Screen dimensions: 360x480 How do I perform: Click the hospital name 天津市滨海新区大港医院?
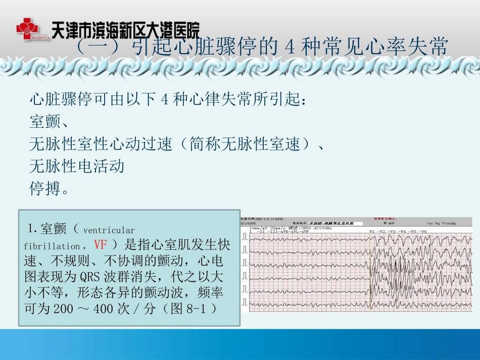pos(125,29)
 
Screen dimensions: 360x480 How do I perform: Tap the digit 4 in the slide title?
pos(290,48)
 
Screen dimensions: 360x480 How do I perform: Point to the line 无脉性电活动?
pos(77,166)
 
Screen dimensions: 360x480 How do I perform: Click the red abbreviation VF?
pos(100,245)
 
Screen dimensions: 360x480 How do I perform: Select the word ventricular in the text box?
pos(109,231)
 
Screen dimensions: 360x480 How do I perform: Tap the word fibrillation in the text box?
pos(52,247)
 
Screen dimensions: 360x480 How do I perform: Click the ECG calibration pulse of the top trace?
pos(245,236)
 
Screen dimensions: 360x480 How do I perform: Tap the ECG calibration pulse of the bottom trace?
pos(245,302)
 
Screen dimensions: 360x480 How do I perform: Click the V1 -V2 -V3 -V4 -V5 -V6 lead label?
pos(398,231)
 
